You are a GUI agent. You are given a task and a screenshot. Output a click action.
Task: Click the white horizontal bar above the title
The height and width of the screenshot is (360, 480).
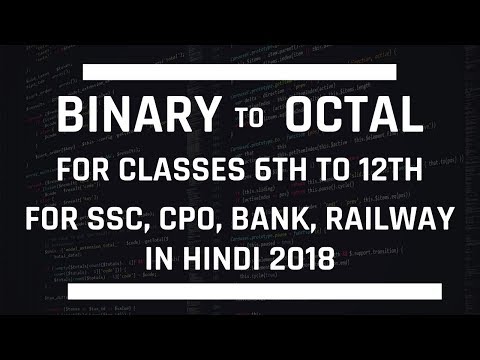click(239, 70)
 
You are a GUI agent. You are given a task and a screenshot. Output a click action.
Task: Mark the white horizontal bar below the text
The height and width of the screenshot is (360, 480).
click(239, 291)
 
